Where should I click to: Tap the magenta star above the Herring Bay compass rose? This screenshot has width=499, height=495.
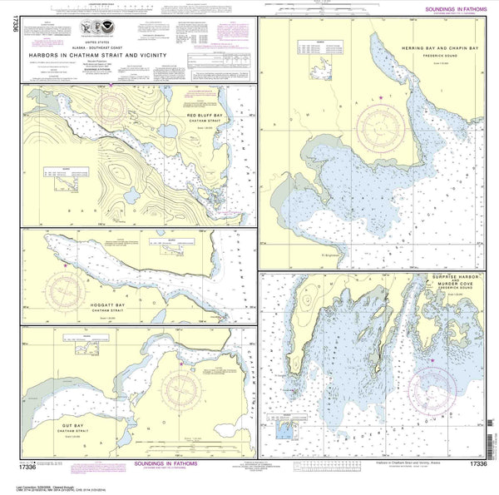pos(382,99)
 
